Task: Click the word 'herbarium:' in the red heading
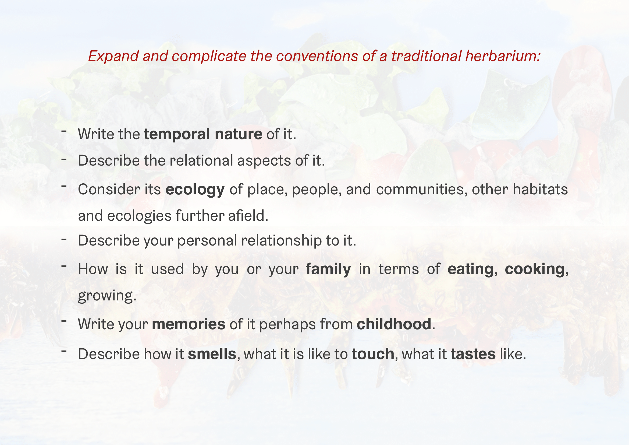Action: click(x=503, y=56)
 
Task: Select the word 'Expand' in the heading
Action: click(x=113, y=57)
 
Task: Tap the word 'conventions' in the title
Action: click(x=317, y=56)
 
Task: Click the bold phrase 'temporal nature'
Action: click(x=203, y=134)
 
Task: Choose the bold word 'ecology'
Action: click(x=195, y=190)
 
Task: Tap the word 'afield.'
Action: click(x=248, y=216)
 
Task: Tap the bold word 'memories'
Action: click(x=189, y=324)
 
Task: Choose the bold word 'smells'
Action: click(x=212, y=354)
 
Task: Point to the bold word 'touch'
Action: click(x=373, y=354)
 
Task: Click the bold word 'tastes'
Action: click(x=473, y=354)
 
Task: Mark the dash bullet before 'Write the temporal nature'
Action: click(x=64, y=131)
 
